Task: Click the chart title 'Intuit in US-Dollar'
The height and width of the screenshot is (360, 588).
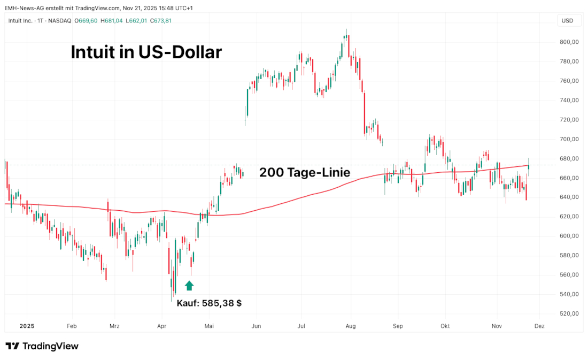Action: [x=146, y=52]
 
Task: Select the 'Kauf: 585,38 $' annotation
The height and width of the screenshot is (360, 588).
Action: [x=209, y=303]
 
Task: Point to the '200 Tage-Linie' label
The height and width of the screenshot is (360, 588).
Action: [x=305, y=173]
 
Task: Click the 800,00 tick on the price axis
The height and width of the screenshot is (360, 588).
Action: [x=568, y=42]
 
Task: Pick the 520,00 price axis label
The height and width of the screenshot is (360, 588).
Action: [x=568, y=313]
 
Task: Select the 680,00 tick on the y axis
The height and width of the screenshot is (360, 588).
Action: [x=568, y=158]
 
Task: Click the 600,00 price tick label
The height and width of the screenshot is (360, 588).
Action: [x=568, y=236]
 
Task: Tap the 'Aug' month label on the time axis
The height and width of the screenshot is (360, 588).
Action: [x=351, y=326]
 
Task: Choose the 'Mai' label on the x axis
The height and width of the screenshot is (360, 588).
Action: [x=210, y=326]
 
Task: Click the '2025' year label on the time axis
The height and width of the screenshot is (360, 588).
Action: [x=27, y=326]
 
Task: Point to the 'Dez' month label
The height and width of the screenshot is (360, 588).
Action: [x=539, y=326]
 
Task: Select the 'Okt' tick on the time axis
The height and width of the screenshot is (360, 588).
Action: [x=444, y=326]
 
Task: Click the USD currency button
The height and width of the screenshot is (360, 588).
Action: [x=568, y=21]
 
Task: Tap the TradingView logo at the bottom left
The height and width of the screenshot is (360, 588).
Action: [x=42, y=346]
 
